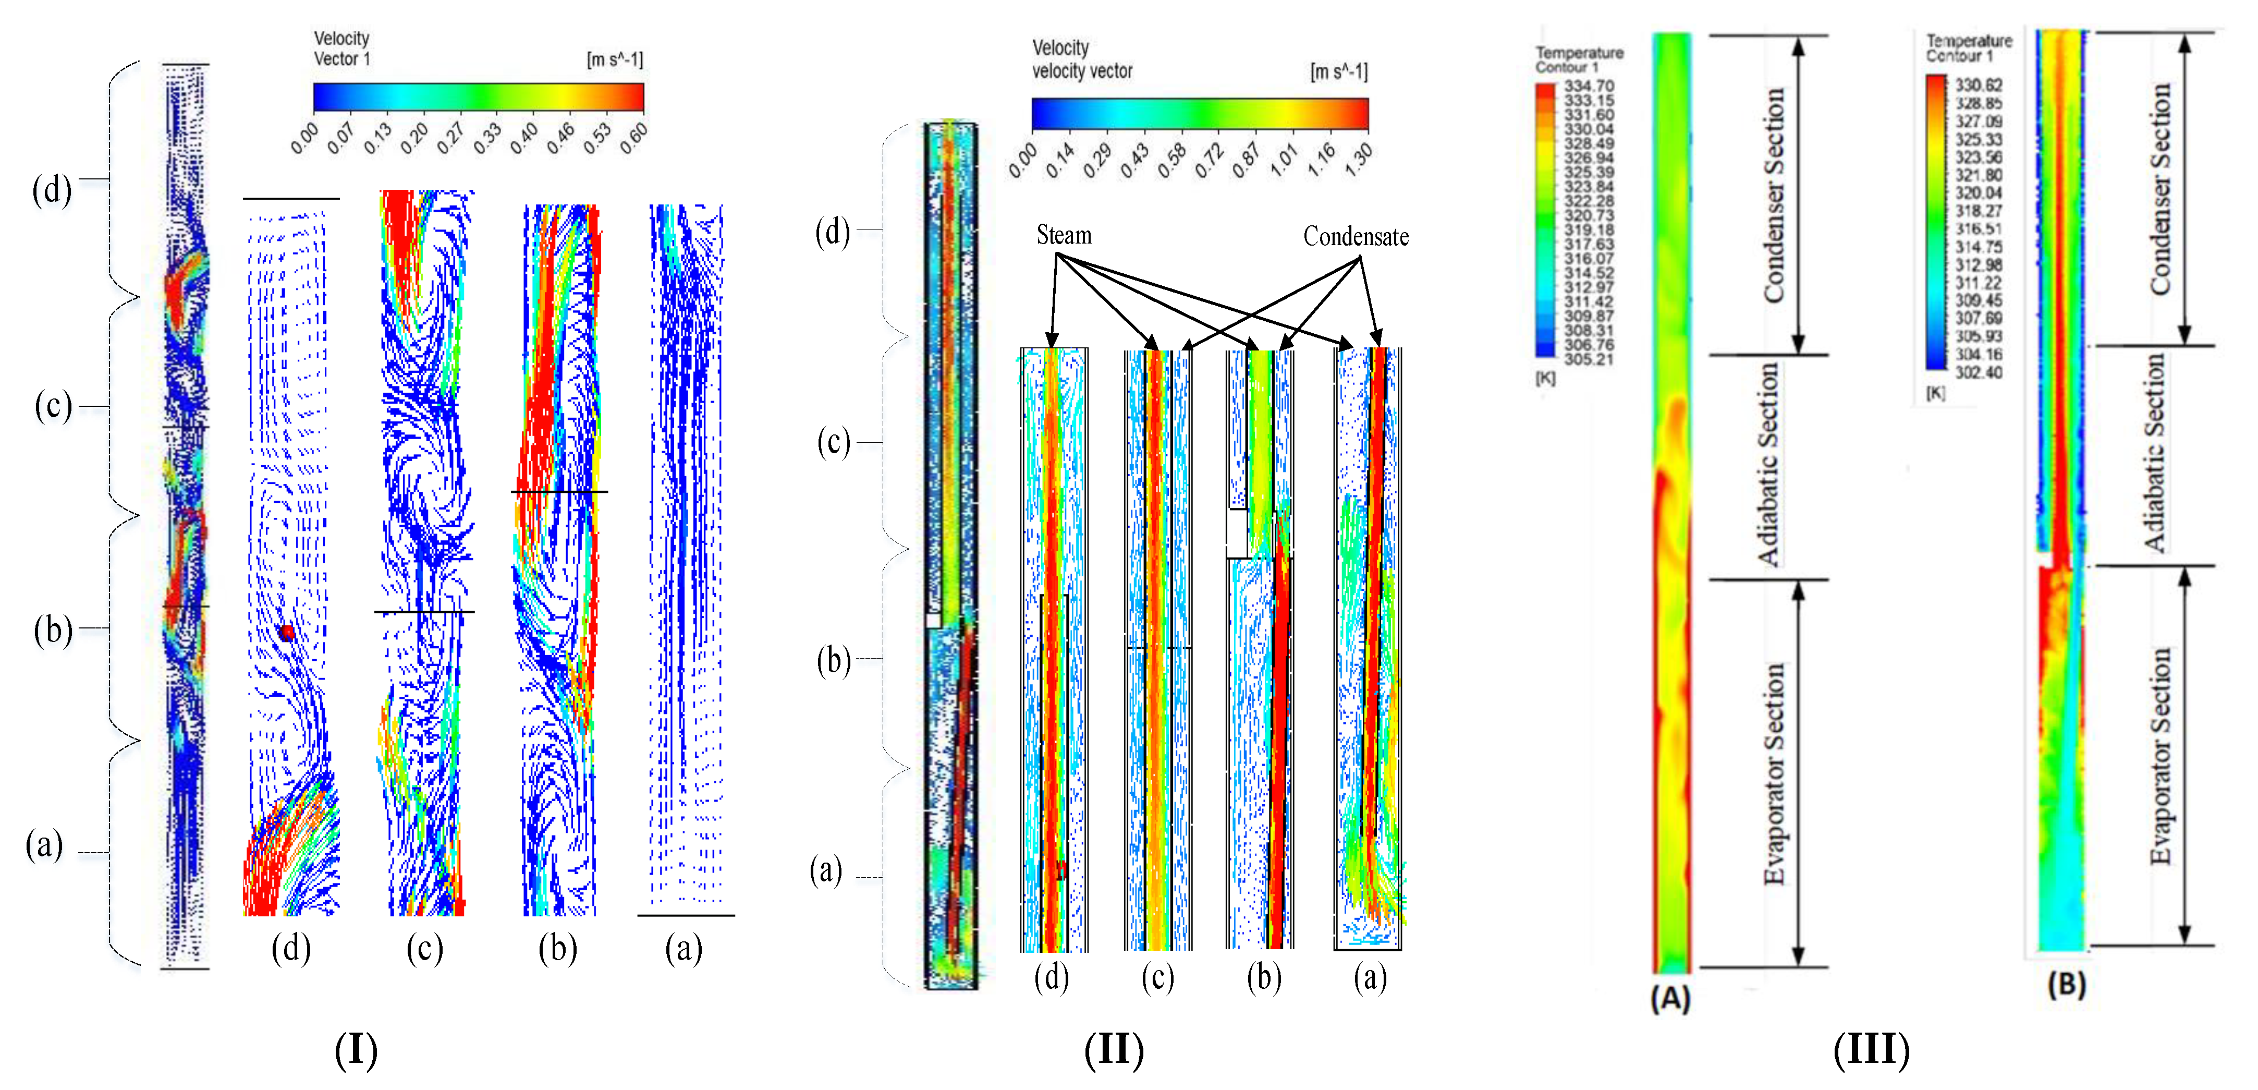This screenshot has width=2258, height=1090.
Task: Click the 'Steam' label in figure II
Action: click(1063, 235)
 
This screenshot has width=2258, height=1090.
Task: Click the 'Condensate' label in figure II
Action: click(1355, 237)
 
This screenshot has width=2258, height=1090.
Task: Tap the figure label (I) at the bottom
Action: click(356, 1050)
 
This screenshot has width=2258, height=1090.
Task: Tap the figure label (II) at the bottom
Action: click(1113, 1050)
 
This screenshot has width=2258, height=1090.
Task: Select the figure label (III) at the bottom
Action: click(1871, 1050)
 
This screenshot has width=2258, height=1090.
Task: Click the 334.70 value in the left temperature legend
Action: click(1588, 86)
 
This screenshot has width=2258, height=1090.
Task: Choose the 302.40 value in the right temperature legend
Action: click(1979, 373)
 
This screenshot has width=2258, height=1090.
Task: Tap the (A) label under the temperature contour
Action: click(1670, 998)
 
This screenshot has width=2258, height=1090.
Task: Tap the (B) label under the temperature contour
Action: click(2066, 985)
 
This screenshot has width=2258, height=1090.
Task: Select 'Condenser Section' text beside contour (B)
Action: click(2160, 189)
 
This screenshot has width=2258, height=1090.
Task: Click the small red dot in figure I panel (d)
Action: click(287, 632)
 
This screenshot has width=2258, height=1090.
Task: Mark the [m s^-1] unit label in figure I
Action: click(615, 59)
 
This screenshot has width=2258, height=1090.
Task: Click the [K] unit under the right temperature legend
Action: click(1935, 393)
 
